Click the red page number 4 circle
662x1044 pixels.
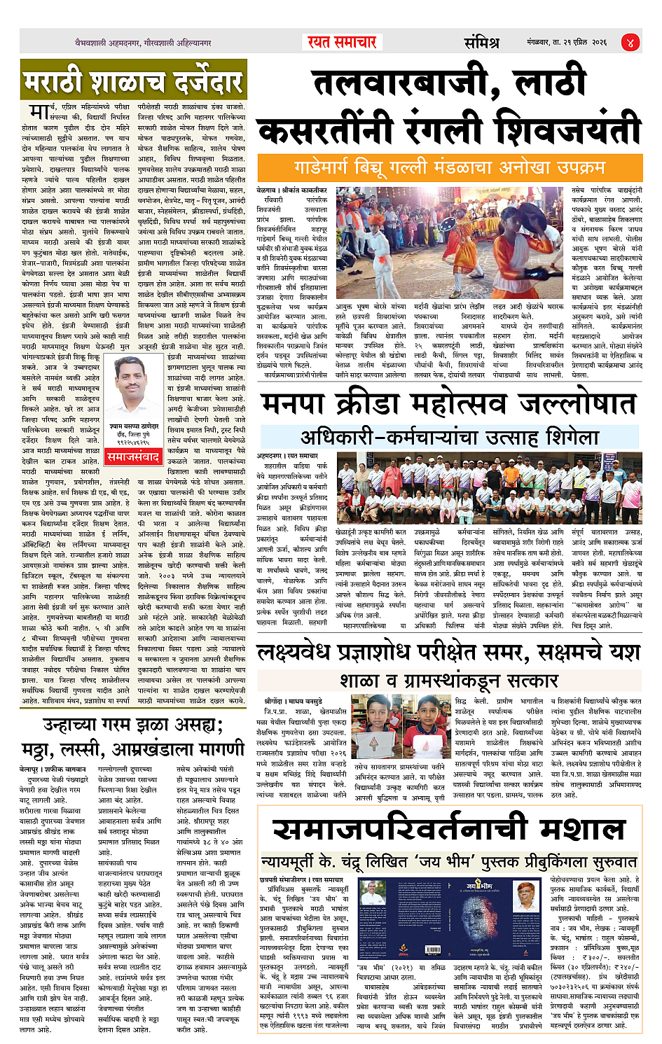coord(630,42)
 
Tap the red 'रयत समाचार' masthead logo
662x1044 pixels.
coord(342,42)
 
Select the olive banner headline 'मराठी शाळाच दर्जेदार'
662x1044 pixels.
coord(133,82)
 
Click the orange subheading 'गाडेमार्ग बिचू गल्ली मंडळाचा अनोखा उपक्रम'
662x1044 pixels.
coord(449,168)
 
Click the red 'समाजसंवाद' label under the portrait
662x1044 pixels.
coord(133,457)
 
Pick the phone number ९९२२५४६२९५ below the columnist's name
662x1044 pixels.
coord(133,443)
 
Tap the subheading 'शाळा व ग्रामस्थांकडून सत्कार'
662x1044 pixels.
coord(449,680)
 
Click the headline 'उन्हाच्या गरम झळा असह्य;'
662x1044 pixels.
coord(132,724)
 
